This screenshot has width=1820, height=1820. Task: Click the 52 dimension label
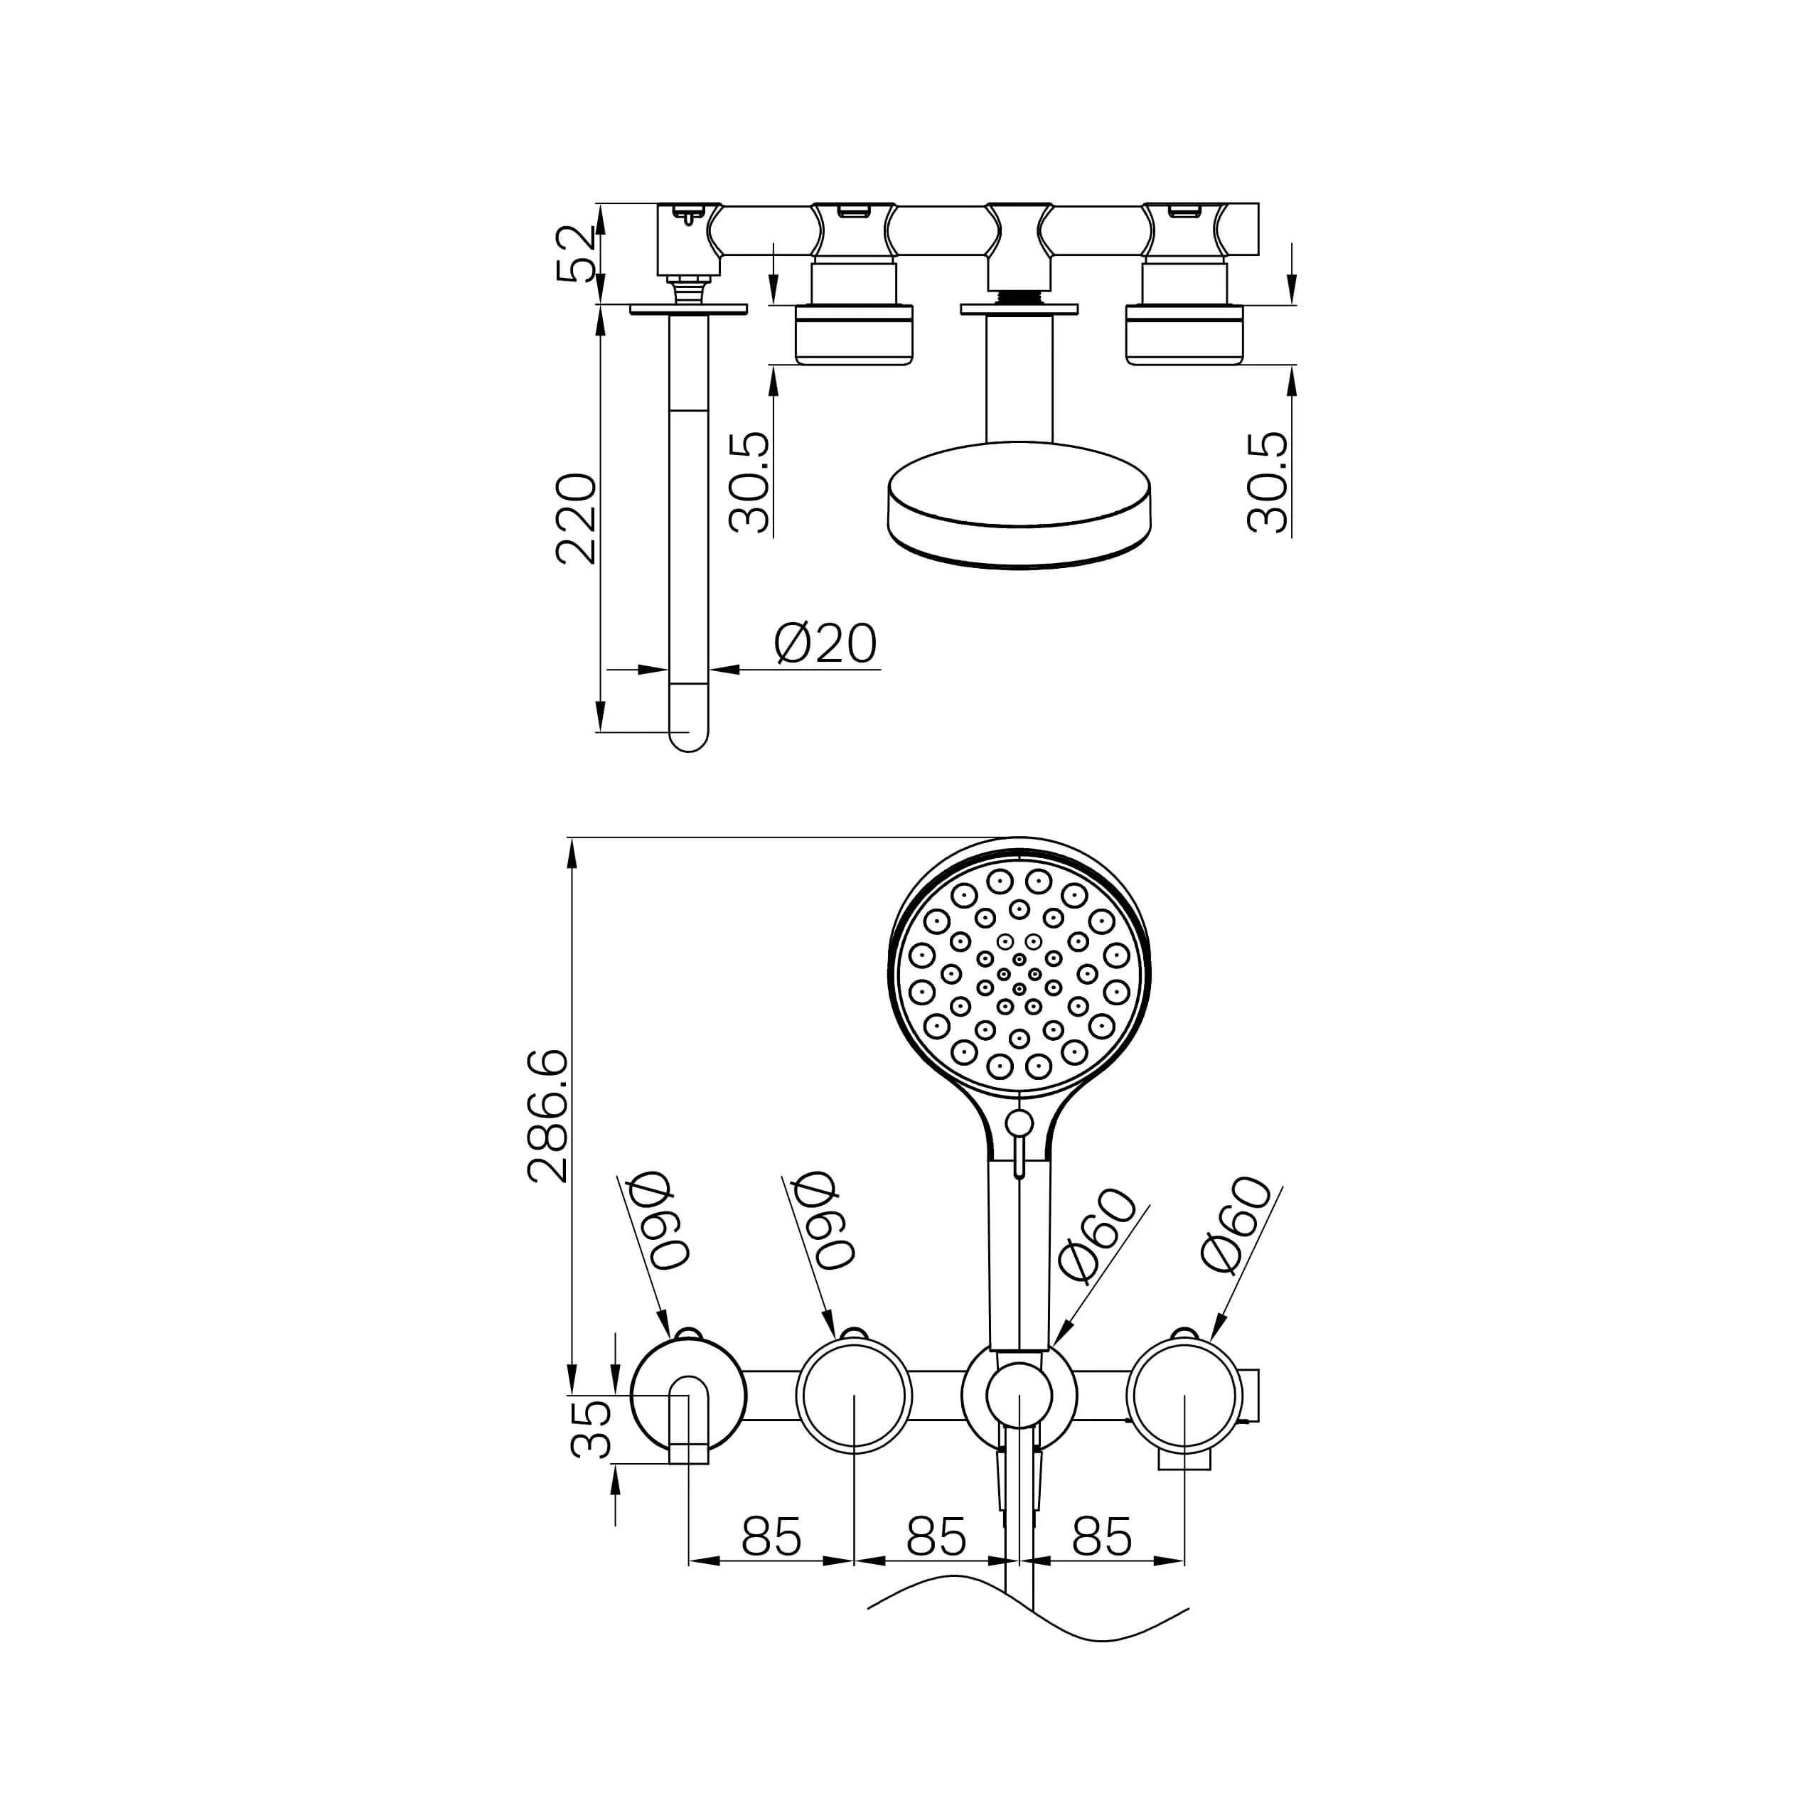[577, 253]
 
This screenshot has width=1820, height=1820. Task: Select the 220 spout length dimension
[577, 519]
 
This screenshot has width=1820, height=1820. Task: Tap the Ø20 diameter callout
[825, 643]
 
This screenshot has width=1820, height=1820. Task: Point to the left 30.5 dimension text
[750, 482]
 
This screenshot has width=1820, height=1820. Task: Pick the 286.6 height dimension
[547, 1115]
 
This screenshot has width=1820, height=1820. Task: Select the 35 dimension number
[591, 1428]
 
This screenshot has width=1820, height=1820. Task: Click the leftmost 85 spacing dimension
[771, 1536]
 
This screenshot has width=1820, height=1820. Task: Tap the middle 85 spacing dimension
[936, 1536]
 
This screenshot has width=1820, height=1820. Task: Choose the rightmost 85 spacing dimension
[1101, 1536]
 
